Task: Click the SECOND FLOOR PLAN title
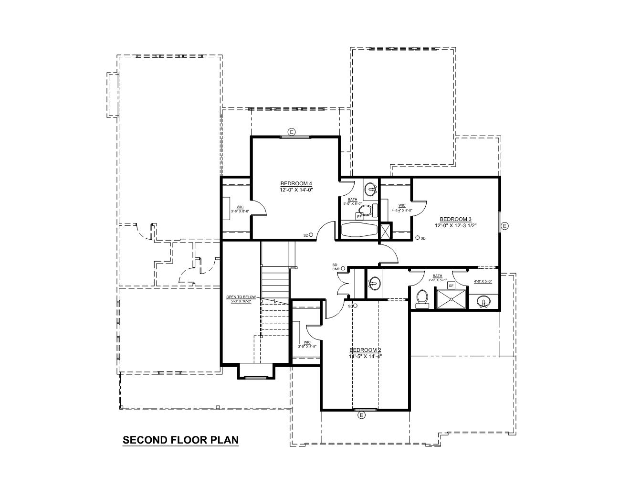point(180,440)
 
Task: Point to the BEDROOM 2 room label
point(365,349)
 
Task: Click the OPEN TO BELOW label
point(241,297)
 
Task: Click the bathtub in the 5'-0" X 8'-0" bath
point(358,230)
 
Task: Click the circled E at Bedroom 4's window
point(292,131)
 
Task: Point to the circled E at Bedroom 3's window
point(505,226)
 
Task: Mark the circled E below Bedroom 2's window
point(361,415)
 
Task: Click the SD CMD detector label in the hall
point(336,267)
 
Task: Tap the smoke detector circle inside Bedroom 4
point(311,235)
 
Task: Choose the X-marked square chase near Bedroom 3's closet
point(385,231)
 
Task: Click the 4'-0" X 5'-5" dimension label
point(483,281)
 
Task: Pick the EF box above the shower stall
point(451,286)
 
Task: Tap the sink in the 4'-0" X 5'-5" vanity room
point(484,302)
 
